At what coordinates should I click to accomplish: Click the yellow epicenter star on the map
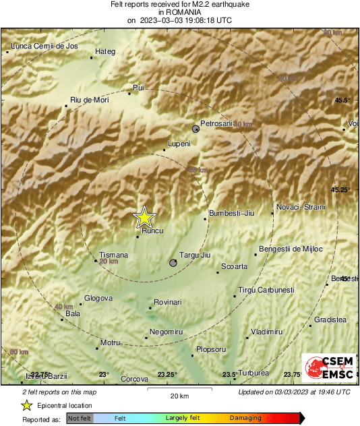coord(144,217)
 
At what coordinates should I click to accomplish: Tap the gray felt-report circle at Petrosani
coord(196,128)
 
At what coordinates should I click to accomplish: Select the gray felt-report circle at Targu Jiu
coord(173,263)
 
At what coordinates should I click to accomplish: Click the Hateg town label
coord(106,51)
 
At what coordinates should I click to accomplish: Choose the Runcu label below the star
coord(153,231)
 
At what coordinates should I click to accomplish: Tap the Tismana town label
coord(113,255)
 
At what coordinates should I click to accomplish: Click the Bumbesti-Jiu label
coord(232,213)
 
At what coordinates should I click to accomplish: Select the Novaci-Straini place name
coord(301,207)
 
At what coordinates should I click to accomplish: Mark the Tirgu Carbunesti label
coord(266,290)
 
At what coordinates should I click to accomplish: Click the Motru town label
coord(110,342)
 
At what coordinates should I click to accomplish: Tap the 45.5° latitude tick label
coord(343,100)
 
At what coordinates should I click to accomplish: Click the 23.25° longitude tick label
coord(167,375)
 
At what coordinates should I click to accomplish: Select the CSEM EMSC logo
coord(326,368)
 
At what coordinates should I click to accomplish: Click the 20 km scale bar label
coord(179,396)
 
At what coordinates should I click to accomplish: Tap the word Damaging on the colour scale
coord(245,419)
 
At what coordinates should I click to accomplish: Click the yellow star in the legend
coord(26,405)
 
